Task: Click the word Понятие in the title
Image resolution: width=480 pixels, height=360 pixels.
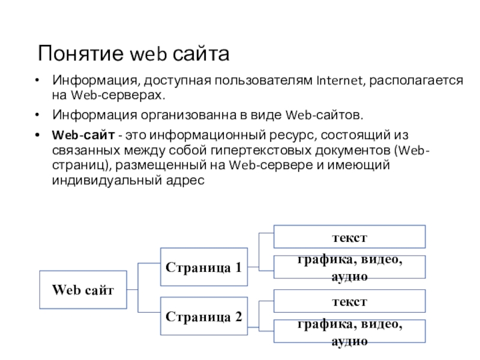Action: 81,53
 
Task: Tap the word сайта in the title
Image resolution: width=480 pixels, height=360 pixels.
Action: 201,53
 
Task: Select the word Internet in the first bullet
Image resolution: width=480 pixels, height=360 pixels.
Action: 340,80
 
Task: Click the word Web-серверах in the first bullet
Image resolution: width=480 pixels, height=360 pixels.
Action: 118,95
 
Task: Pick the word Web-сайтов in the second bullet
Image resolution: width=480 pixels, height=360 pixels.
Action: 324,115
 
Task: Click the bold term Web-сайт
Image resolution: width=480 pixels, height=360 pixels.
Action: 83,135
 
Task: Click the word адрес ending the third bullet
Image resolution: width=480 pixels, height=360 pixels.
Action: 185,181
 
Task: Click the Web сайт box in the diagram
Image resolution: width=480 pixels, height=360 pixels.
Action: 83,290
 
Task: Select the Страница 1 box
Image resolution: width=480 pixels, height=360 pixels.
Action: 204,267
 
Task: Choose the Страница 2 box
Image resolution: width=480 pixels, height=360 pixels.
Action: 204,316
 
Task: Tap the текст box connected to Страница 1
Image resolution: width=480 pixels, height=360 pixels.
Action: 349,236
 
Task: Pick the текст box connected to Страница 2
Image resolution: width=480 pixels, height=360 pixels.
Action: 349,301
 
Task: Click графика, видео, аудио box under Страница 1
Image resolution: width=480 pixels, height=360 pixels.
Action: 349,267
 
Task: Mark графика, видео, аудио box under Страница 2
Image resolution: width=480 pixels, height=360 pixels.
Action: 349,331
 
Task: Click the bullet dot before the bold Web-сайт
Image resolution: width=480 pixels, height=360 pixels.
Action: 37,135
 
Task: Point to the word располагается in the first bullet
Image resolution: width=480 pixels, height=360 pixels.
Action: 416,80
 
